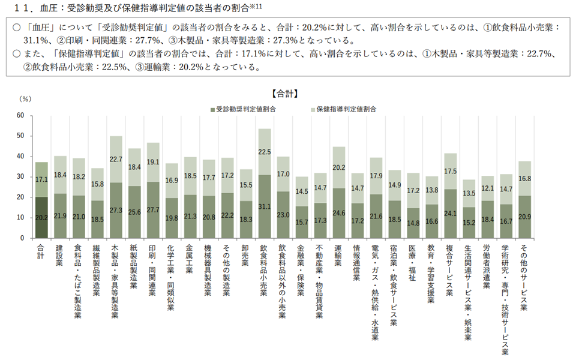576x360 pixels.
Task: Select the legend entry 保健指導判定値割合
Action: [x=346, y=109]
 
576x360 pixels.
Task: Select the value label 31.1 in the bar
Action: [x=265, y=206]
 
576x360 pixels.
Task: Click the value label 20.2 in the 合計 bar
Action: [x=41, y=218]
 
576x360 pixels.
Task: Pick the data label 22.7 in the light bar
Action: [x=116, y=159]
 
